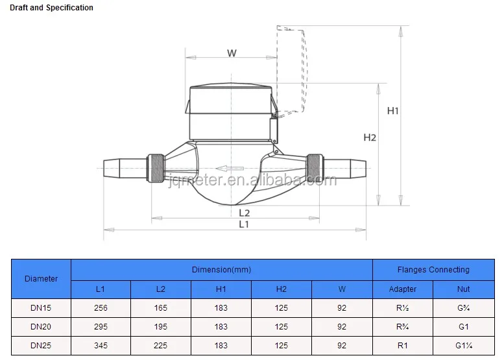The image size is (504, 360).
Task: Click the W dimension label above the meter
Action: point(232,53)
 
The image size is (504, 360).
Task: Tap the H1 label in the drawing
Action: point(393,111)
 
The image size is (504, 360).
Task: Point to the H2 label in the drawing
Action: point(370,138)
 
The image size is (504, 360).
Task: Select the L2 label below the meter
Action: point(245,213)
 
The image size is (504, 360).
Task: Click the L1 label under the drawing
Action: point(244,224)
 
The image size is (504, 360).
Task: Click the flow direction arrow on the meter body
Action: point(230,169)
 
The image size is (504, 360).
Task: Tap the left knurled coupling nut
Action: point(156,168)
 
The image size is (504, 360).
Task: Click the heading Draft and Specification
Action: point(51,8)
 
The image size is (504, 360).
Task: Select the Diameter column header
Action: point(41,279)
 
